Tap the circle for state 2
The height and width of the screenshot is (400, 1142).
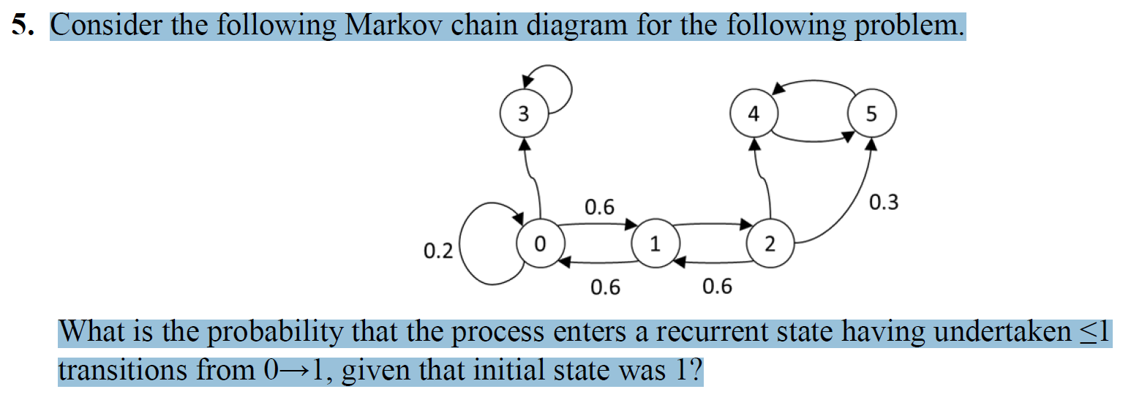click(x=770, y=244)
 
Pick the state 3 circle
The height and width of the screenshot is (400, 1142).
click(x=522, y=115)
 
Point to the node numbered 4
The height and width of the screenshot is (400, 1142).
click(x=754, y=115)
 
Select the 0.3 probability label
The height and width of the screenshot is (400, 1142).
click(x=884, y=202)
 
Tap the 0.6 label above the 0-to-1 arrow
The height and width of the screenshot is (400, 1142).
click(x=599, y=207)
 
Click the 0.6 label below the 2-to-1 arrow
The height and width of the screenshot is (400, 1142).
click(x=717, y=286)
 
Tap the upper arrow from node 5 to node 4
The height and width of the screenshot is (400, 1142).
click(x=812, y=81)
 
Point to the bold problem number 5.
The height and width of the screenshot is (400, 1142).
click(x=22, y=26)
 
